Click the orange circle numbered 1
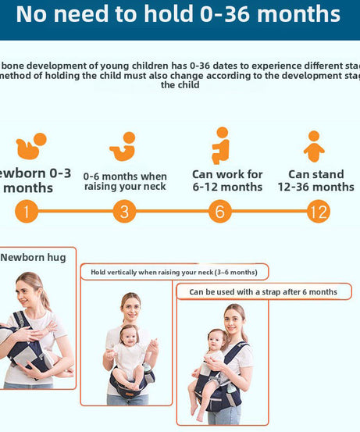(x=26, y=212)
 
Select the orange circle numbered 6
(x=220, y=212)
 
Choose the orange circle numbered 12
(x=318, y=212)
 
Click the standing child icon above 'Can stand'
(x=314, y=146)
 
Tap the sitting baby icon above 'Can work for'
(x=221, y=145)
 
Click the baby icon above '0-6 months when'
(x=123, y=146)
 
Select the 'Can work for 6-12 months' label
(x=227, y=180)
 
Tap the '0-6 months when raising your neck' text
(x=125, y=181)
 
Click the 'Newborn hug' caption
(x=34, y=257)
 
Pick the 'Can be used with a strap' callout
(x=263, y=291)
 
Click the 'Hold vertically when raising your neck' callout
(x=173, y=272)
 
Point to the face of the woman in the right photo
(x=233, y=320)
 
